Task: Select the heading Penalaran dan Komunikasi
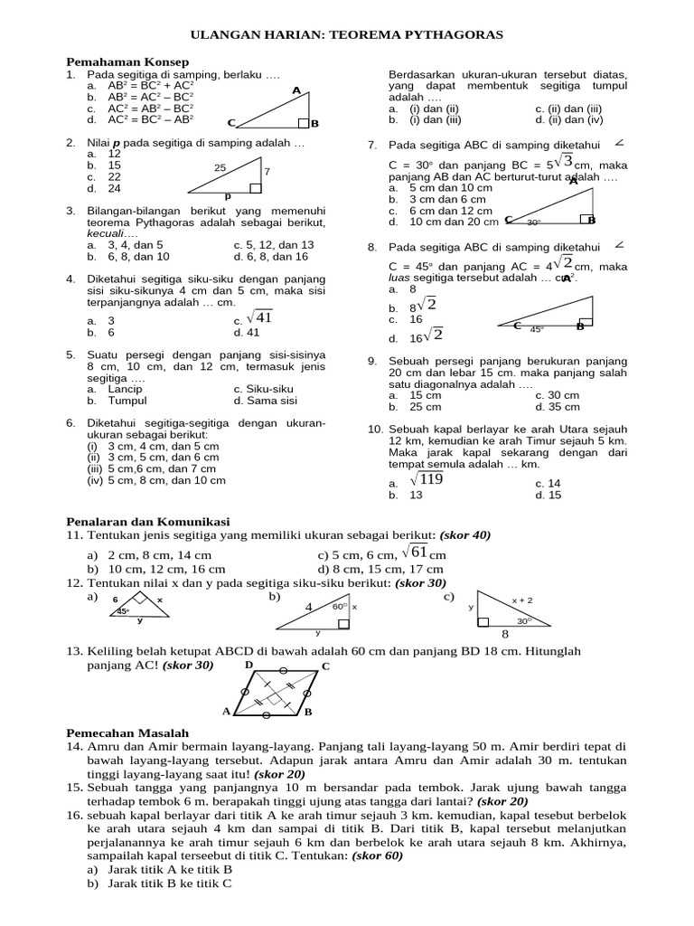tap(149, 522)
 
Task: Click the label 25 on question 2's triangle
tap(220, 168)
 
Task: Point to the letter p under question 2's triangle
tap(227, 195)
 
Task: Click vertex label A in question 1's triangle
tap(296, 90)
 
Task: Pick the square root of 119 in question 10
tap(426, 480)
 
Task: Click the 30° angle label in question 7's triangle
tap(534, 222)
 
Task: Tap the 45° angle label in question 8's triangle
tap(538, 329)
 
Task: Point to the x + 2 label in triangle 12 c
tap(522, 600)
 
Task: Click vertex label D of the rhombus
tap(249, 665)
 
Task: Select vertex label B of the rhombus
tap(308, 713)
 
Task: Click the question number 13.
tap(75, 651)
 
